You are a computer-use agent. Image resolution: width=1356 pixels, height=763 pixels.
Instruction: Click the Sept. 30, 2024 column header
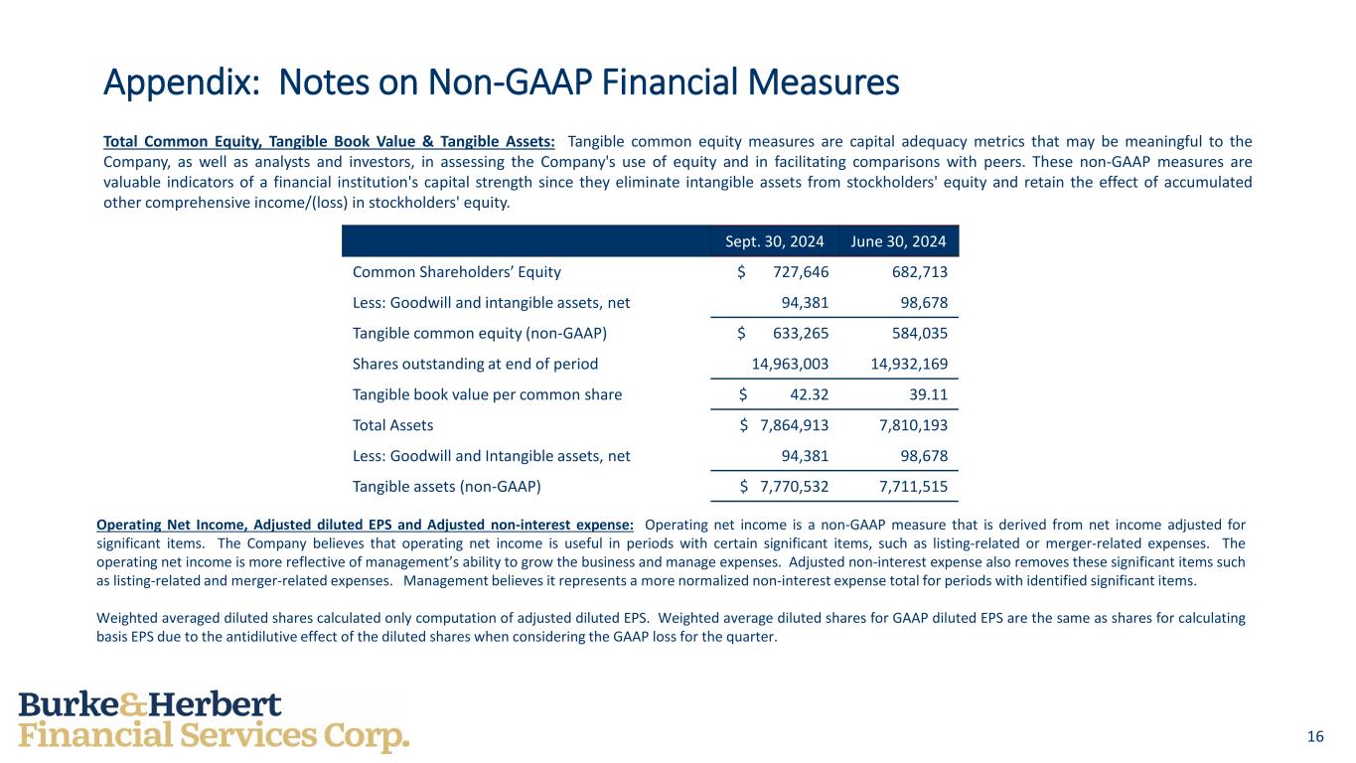(x=769, y=240)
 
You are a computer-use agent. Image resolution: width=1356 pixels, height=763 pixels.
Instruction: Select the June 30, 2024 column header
(x=899, y=240)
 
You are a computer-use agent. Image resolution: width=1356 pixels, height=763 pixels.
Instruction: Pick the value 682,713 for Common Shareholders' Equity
(x=917, y=272)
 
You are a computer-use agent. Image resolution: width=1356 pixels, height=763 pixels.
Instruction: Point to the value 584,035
(x=917, y=333)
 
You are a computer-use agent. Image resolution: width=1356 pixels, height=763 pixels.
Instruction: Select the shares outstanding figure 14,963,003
(x=790, y=364)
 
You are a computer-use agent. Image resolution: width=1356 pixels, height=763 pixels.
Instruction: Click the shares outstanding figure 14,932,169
(x=908, y=364)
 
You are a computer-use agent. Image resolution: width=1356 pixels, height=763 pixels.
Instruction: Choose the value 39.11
(x=927, y=394)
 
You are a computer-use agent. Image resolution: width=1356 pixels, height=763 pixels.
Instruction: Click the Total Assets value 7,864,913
(x=794, y=425)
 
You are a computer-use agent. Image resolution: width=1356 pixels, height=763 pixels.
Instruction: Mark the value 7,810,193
(x=913, y=425)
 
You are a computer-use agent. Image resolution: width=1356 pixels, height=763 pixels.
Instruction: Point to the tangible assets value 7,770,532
(x=794, y=487)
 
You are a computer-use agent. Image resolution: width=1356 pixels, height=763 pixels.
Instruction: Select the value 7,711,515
(x=913, y=487)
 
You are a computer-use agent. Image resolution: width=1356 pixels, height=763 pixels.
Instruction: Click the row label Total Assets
(x=392, y=425)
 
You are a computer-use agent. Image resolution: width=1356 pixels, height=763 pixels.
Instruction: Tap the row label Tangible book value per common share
(x=487, y=394)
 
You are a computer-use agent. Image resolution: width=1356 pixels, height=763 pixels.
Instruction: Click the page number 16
(x=1315, y=736)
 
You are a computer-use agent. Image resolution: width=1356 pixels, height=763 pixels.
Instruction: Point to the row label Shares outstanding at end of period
(x=475, y=364)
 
